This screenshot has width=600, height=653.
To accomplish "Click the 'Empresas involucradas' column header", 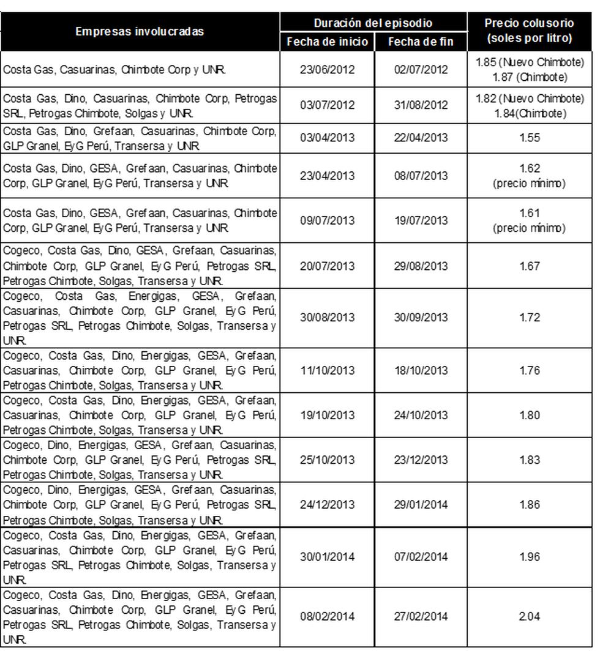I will coord(140,32).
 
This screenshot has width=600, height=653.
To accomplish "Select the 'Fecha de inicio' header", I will coord(328,42).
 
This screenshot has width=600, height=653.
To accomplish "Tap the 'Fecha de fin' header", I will coord(421,42).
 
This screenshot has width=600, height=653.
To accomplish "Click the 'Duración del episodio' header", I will coord(373,23).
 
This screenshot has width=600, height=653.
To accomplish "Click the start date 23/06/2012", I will coord(328,70).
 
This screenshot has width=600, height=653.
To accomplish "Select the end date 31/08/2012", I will coord(421,105).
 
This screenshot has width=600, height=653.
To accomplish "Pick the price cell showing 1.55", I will coord(529,138).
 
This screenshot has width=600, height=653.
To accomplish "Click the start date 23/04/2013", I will coord(328,176).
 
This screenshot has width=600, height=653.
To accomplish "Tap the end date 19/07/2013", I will coord(421,221).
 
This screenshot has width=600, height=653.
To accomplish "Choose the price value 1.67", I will coord(529,266).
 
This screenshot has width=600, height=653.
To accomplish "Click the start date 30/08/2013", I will coord(328,318).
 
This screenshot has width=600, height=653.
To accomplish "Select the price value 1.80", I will coord(529,415).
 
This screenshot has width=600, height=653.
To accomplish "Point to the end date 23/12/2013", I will coord(421,460).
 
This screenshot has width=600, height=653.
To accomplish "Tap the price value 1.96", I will coord(529,557).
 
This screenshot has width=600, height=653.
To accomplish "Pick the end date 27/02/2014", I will coord(421,616).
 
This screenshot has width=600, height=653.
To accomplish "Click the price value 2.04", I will coord(529,616).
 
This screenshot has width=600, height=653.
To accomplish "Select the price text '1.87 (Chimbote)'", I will coord(530,76).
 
